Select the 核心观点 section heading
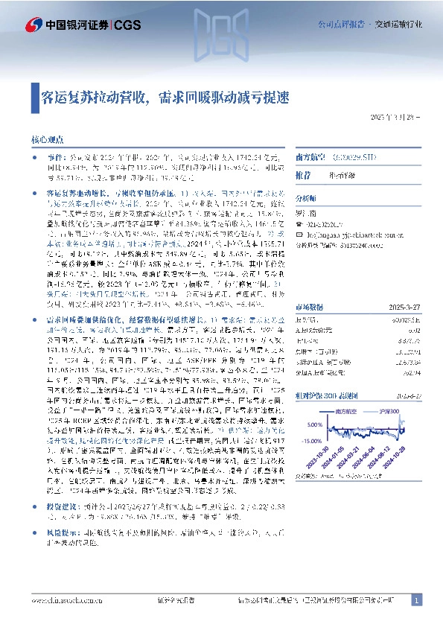coord(45,139)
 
